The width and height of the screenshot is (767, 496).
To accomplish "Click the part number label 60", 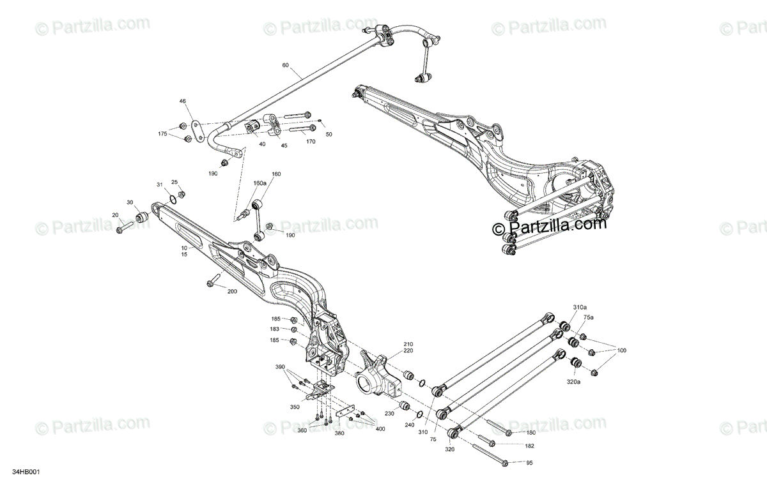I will pos(285,65).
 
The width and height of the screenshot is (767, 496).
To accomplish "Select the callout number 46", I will pos(182,101).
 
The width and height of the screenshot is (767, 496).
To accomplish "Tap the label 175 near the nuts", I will pos(162,133).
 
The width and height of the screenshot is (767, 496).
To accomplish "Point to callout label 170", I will pos(311,142).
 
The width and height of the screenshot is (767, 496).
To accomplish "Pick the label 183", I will pos(275,329).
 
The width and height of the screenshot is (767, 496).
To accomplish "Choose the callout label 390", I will pos(279,367).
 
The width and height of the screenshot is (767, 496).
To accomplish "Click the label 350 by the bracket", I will pos(295,406).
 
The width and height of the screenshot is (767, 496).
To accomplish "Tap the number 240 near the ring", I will pos(408,425).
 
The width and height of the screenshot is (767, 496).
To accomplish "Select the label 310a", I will pos(579,307).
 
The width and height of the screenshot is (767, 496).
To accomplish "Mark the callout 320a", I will pos(573,382).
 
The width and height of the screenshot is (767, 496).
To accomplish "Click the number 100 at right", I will pos(621,350).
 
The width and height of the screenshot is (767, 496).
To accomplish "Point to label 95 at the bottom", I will pos(529,463).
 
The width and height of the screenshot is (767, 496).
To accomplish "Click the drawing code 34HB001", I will pos(26,474).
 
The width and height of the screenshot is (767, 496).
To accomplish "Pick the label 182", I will pos(530,446).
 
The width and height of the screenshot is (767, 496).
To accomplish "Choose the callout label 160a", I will pos(260,183).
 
